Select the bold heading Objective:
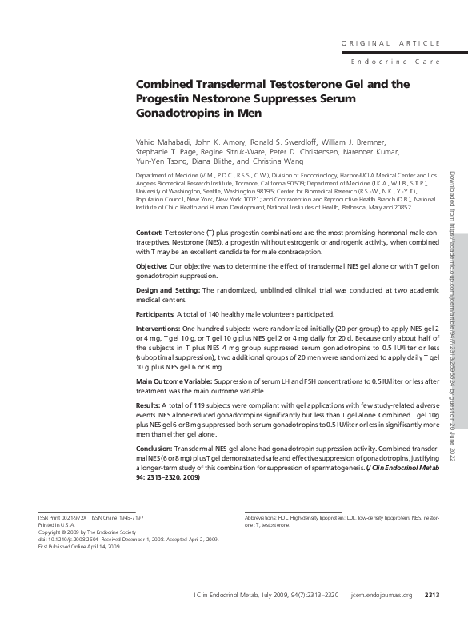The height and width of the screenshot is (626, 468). point(152,265)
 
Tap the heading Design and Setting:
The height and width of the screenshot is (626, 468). point(167,290)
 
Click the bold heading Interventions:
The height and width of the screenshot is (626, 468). point(158,329)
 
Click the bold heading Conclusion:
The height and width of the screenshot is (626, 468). point(154,450)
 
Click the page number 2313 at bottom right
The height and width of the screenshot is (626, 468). point(431,617)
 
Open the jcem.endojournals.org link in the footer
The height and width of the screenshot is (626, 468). point(382,617)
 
